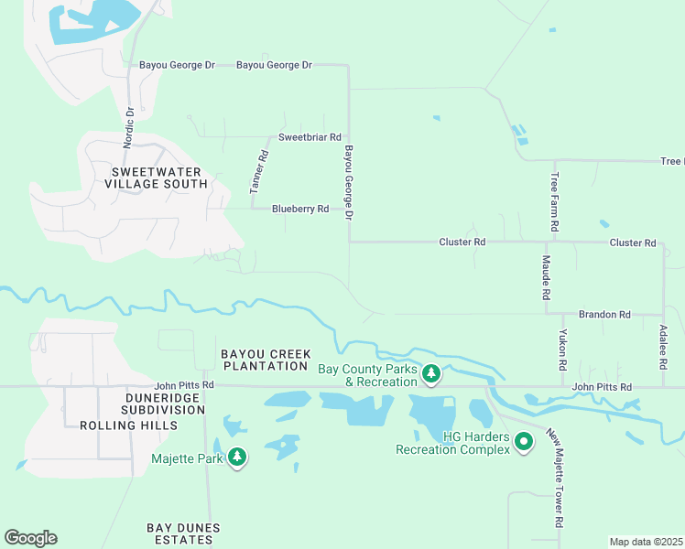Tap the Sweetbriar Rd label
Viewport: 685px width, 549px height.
pos(310,136)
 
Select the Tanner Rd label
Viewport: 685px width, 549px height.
pos(258,171)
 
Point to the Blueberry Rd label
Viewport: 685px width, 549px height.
pos(300,210)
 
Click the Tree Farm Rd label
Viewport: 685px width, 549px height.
pos(555,201)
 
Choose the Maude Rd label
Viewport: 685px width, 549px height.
pos(545,279)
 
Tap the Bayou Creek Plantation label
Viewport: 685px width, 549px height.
pos(265,360)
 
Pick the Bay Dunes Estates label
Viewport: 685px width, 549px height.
pos(180,534)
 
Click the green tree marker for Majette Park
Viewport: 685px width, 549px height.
pos(237,457)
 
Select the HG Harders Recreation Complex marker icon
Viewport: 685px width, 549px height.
pos(524,442)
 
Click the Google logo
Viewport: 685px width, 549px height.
pos(30,538)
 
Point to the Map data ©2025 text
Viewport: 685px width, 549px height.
pos(646,542)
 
